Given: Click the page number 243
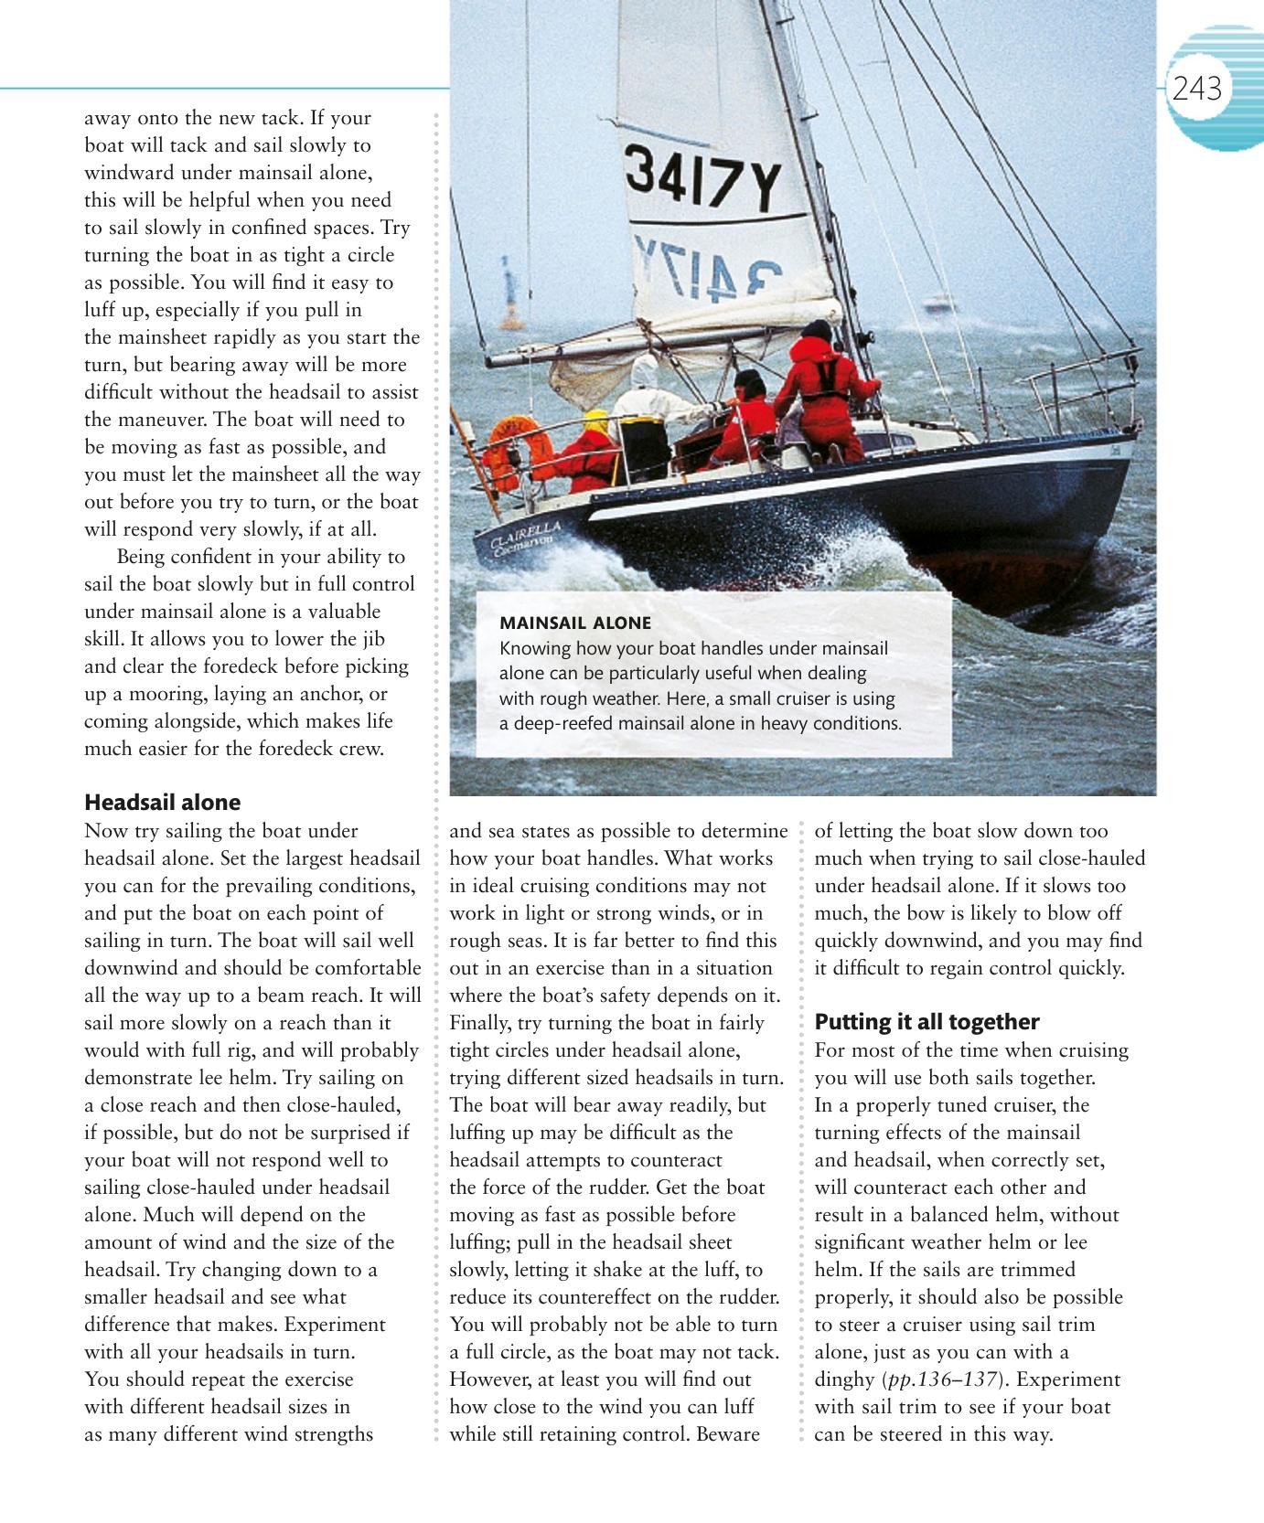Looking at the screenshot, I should point(1196,89).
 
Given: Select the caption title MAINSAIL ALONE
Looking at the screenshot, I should point(575,623).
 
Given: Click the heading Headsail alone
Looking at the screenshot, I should point(162,803).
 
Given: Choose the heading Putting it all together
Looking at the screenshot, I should point(927,1022).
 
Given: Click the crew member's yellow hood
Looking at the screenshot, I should point(595,422).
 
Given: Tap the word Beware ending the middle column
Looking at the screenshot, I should point(728,1434).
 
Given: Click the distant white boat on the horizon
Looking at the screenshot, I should point(939,303).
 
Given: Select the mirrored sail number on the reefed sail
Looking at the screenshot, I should point(710,267).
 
